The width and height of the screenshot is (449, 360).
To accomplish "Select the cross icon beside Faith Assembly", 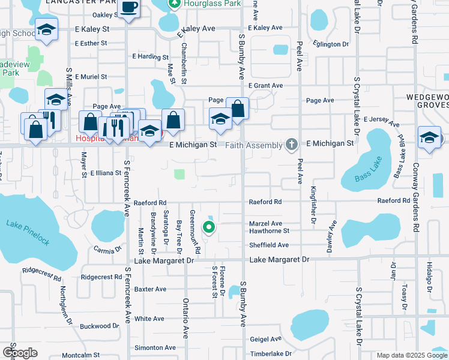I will pos(292,144).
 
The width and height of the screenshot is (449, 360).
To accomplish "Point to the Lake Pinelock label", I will pos(28,232).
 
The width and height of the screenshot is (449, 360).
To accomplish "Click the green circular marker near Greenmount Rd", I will pos(209,227).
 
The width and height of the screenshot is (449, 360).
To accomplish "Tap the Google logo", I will pos(19,353).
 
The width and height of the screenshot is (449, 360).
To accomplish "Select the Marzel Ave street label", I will pos(265,223).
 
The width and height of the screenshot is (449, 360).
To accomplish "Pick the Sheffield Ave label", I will pos(269,245).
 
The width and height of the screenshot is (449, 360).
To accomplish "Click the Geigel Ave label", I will pos(266,339).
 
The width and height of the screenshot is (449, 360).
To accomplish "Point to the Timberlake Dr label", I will pos(270,354).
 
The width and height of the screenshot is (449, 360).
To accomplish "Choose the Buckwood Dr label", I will pos(100,326).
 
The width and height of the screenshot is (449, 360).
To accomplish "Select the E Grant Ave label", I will pos(265,86).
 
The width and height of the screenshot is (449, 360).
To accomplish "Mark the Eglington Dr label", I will pos(331,44).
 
